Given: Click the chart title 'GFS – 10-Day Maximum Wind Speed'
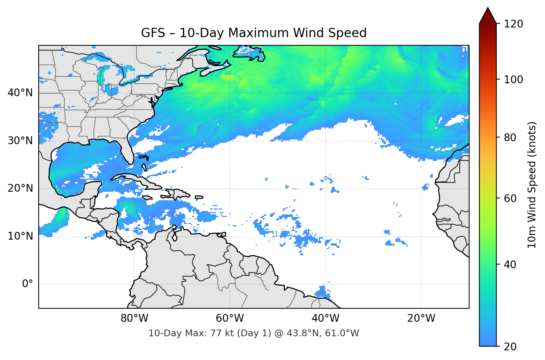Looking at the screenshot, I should coord(254,33).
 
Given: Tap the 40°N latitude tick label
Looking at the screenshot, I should coord(20,93).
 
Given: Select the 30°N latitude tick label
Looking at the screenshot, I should coord(20,141).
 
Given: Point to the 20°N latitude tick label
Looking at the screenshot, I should coord(20,188).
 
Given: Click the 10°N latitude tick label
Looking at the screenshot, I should coord(20,236).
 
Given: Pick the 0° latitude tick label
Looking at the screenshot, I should coord(28,284).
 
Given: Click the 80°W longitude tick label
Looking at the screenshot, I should coord(134,318).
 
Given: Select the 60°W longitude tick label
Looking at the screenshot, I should coord(230,318).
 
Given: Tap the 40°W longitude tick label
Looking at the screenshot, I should coord(325,318).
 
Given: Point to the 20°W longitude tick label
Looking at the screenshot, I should coord(421,318).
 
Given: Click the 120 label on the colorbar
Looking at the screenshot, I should coord(513,24).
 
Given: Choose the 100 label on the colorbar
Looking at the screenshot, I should coord(513,80).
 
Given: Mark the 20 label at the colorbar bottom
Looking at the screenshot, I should coord(510,347).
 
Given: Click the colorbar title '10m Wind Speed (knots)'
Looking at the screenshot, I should coord(532,185).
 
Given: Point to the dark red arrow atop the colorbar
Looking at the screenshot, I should coord(488,16).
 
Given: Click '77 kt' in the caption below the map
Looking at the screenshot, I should coord(219,333).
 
